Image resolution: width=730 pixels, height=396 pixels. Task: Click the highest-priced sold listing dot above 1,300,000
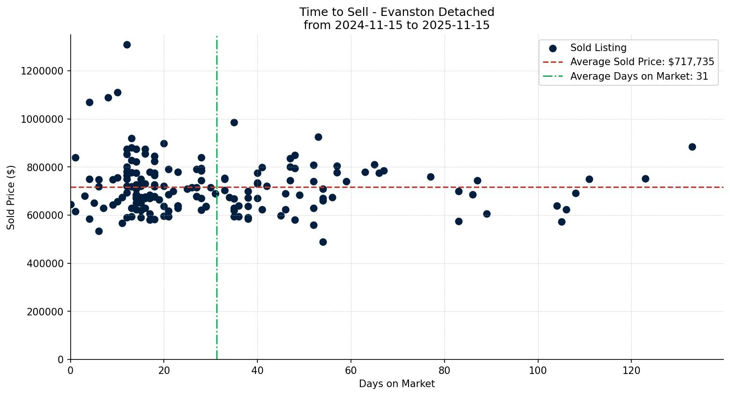[x=127, y=45]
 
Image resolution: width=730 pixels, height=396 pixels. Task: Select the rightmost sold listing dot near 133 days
[x=692, y=147]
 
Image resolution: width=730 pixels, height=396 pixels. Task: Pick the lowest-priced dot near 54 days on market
[x=323, y=242]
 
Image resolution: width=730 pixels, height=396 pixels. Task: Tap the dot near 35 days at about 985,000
[x=234, y=122]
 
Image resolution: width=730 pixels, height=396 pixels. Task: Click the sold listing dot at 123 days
[x=645, y=179]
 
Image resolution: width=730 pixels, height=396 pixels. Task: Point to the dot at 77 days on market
[x=431, y=177]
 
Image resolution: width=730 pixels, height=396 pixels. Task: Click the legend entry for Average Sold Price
[x=642, y=62]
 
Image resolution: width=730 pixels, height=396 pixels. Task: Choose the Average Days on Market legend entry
[x=639, y=76]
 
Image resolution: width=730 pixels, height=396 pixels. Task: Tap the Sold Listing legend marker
[x=553, y=48]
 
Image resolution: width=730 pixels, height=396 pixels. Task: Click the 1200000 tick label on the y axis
[x=42, y=71]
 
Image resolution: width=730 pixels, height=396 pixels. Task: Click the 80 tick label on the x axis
[x=445, y=370]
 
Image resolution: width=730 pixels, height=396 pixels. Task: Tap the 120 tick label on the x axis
[x=631, y=370]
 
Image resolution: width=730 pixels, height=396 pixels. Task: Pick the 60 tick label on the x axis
[x=351, y=370]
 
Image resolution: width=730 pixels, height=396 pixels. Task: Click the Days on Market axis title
[x=397, y=384]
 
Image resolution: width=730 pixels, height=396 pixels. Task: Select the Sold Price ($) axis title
[x=11, y=197]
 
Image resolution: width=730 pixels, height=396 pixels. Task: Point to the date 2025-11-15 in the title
[x=456, y=25]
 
